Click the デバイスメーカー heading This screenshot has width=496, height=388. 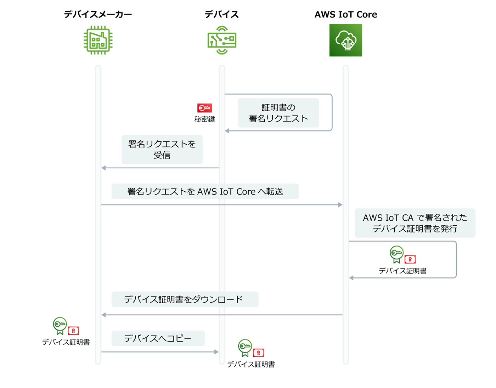click(x=98, y=15)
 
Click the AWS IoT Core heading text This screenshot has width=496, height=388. click(x=346, y=15)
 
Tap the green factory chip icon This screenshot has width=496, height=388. click(x=98, y=40)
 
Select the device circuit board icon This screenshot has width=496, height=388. click(x=222, y=40)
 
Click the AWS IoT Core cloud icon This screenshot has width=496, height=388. click(x=346, y=40)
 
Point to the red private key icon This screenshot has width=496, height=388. click(x=204, y=108)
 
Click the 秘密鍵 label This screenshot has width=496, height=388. click(x=204, y=119)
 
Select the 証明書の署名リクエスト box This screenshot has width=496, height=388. click(x=278, y=113)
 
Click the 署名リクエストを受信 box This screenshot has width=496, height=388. click(x=162, y=149)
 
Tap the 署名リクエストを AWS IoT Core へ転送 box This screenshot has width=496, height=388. click(x=205, y=191)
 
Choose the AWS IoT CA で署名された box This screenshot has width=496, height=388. click(x=415, y=223)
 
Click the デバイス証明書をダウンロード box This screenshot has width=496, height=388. click(x=185, y=299)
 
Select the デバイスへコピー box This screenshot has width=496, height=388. click(x=158, y=338)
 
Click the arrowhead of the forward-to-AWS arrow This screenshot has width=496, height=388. click(x=340, y=205)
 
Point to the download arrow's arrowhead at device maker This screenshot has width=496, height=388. click(x=103, y=315)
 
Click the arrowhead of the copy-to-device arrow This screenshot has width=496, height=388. click(x=216, y=352)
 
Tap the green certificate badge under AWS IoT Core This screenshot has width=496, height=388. click(x=396, y=254)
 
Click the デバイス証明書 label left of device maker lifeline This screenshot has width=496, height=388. click(x=66, y=342)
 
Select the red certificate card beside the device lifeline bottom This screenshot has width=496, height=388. click(x=258, y=353)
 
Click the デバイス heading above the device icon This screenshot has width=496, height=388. click(x=222, y=15)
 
